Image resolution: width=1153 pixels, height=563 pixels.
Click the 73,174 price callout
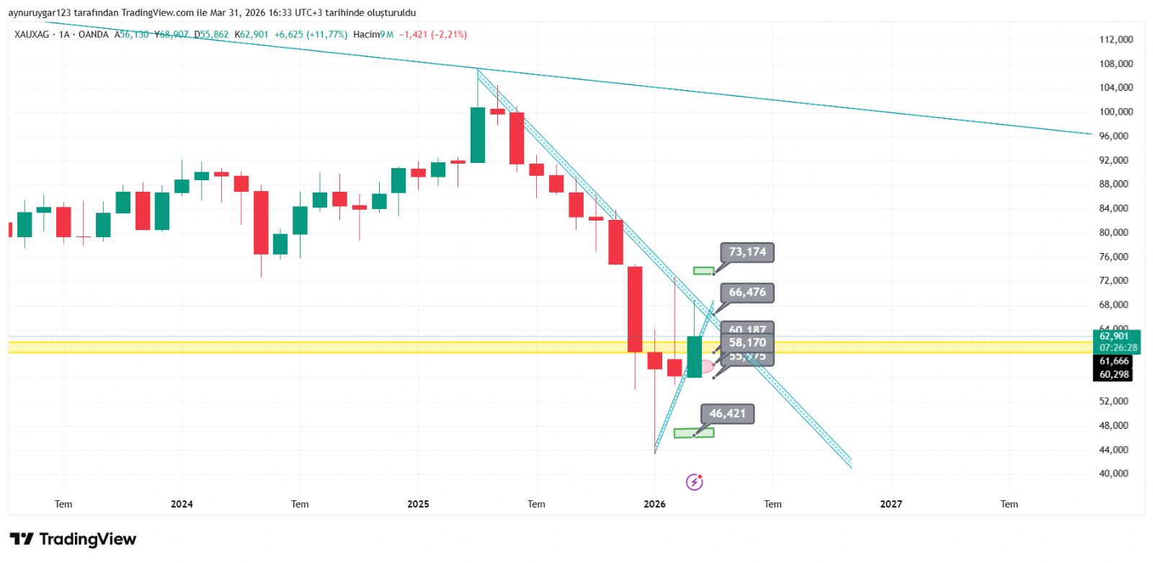[x=747, y=252]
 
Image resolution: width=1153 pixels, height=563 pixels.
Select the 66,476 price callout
[x=747, y=293]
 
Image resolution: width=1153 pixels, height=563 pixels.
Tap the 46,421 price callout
[x=727, y=414]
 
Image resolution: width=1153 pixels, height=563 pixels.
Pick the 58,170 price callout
[x=747, y=343]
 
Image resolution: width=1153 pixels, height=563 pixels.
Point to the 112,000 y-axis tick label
[x=1116, y=40]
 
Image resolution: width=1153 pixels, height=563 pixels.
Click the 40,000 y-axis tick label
[x=1113, y=474]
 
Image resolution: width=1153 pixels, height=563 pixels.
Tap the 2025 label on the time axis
[x=418, y=504]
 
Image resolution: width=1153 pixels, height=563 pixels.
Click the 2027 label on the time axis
[x=891, y=504]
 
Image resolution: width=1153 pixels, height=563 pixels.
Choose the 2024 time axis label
[x=182, y=504]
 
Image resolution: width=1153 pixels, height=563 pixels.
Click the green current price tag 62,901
[x=1115, y=337]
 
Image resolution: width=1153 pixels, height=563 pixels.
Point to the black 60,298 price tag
[x=1114, y=375]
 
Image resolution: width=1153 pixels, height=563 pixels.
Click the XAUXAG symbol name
[x=32, y=35]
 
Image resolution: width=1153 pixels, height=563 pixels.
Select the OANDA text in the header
[x=93, y=35]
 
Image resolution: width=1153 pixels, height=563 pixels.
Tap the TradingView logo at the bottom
[x=73, y=539]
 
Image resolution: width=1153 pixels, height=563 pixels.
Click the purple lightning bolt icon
[x=694, y=482]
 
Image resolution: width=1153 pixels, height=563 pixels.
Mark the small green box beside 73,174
[x=703, y=271]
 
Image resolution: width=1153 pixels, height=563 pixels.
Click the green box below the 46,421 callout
[x=693, y=433]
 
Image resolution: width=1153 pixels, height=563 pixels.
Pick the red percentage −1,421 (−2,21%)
[x=433, y=35]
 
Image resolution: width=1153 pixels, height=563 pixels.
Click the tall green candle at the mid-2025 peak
[x=477, y=135]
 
